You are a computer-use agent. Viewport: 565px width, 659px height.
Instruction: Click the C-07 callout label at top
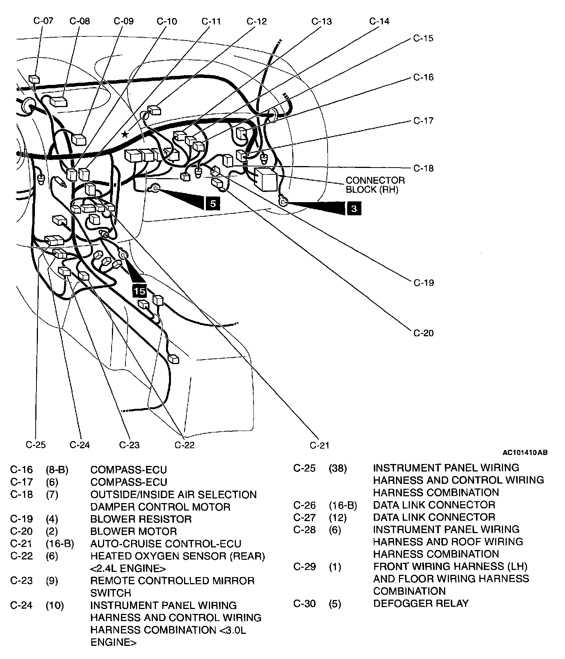tap(44, 21)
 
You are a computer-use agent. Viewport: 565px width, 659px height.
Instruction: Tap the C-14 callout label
tap(379, 21)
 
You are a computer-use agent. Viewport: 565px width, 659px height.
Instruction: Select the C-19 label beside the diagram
tap(423, 283)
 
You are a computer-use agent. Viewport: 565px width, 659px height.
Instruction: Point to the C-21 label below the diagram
tap(320, 445)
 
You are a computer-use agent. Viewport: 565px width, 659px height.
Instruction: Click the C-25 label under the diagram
tap(36, 445)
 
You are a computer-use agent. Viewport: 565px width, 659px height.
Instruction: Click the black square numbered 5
tap(213, 203)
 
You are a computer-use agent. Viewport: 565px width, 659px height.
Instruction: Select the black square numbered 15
tap(139, 291)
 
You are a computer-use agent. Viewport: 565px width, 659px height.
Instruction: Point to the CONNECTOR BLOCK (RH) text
tap(375, 185)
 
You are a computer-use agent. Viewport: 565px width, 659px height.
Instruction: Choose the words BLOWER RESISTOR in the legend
tap(141, 519)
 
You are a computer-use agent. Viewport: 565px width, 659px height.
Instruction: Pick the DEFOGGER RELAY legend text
tap(421, 603)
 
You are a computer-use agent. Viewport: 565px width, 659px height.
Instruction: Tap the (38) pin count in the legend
tap(338, 468)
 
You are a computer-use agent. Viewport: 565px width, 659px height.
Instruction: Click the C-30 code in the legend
tap(304, 603)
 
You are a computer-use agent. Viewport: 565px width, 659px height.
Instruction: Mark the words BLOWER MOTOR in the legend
tap(133, 531)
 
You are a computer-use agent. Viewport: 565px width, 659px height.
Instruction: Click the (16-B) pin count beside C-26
tap(343, 505)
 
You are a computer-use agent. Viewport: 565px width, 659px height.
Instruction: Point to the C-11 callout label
tap(211, 21)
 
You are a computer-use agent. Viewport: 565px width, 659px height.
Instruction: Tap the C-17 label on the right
tap(423, 121)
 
